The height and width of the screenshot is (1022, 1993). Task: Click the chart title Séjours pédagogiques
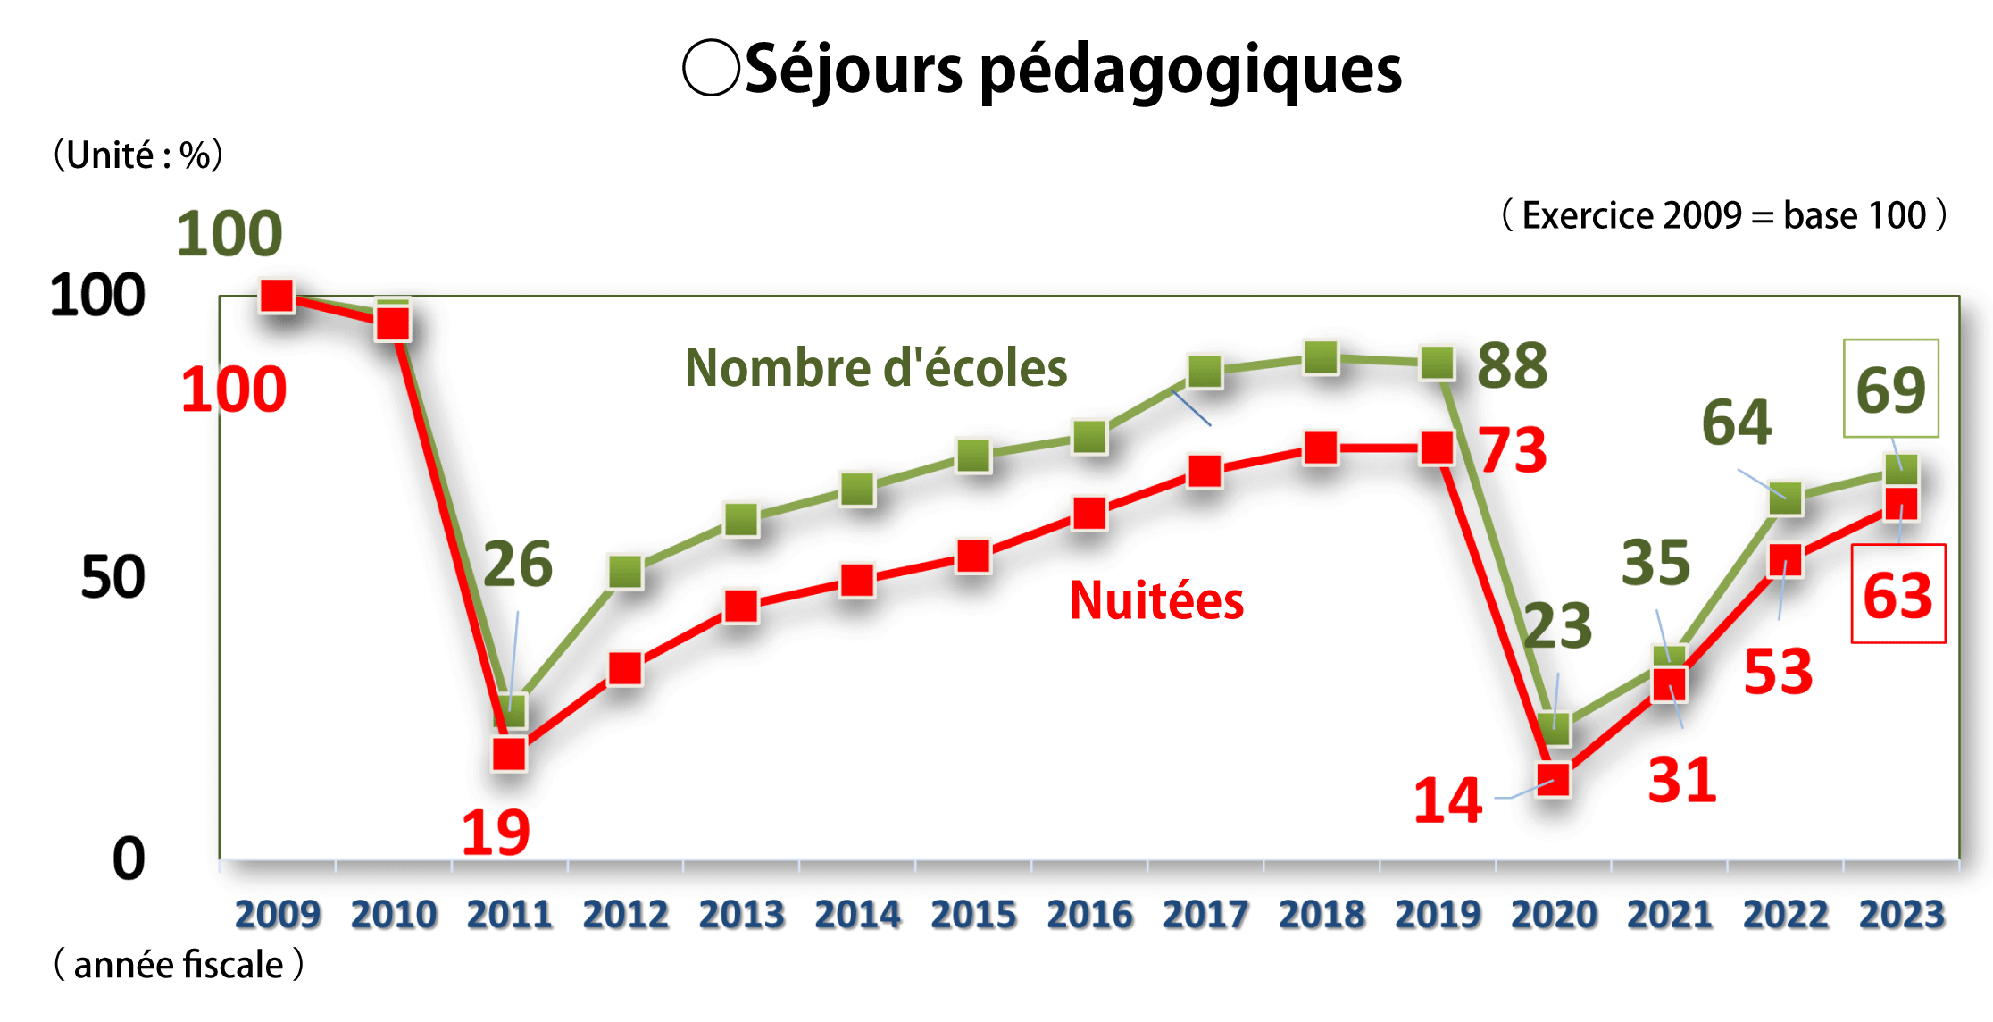(x=1072, y=70)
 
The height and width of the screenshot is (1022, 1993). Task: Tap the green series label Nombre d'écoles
(x=875, y=367)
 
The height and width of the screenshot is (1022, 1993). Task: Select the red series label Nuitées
(x=1156, y=599)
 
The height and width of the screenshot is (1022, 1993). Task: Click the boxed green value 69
(x=1890, y=389)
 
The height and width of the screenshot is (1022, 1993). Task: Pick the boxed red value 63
(x=1897, y=594)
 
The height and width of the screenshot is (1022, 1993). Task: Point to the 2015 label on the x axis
(x=973, y=914)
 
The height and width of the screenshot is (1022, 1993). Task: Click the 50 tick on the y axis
(x=113, y=577)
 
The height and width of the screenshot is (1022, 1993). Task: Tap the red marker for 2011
(x=509, y=754)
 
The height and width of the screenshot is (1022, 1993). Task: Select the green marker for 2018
(x=1321, y=358)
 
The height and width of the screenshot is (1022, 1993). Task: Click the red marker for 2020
(x=1554, y=779)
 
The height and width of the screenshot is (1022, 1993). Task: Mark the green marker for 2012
(x=625, y=572)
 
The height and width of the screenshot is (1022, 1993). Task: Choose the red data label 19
(x=496, y=832)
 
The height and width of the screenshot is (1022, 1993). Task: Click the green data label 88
(x=1512, y=365)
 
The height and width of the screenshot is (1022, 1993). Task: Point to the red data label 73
(x=1512, y=449)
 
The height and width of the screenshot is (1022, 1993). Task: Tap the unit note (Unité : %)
(x=138, y=155)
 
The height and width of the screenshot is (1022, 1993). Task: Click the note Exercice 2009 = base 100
(x=1723, y=215)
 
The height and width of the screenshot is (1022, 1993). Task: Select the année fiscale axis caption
(x=179, y=965)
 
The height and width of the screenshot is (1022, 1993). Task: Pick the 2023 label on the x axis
(x=1901, y=914)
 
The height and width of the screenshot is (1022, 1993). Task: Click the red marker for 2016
(x=1089, y=513)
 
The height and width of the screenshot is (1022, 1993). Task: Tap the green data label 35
(x=1655, y=563)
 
